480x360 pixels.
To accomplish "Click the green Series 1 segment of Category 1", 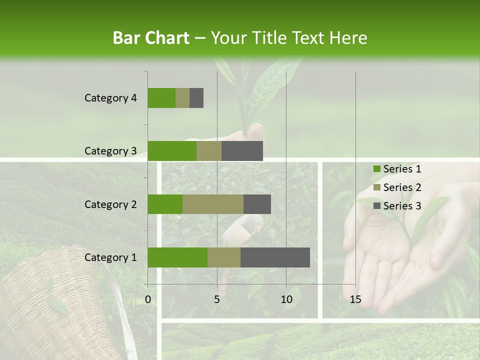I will tap(177, 257).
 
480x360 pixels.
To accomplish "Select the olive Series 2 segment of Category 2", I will tap(213, 204).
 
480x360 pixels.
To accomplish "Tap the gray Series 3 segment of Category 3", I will tap(242, 151).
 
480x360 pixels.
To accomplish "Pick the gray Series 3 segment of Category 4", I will tap(196, 98).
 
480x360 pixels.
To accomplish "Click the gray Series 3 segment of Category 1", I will tap(275, 257).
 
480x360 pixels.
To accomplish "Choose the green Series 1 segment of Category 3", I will tap(172, 151).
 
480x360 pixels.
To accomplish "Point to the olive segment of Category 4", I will tap(182, 98).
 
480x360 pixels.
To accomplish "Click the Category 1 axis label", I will tap(110, 257).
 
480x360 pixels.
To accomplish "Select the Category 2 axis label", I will tap(110, 204).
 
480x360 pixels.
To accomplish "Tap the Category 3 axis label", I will tap(110, 151).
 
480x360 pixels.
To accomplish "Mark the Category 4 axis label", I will tap(110, 98).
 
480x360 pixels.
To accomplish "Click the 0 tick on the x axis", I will tap(148, 299).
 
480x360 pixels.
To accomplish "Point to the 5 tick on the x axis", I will tap(217, 299).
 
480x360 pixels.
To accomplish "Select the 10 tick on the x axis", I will tap(286, 299).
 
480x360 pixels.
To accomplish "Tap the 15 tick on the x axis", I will tap(355, 299).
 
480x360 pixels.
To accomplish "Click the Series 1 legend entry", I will tap(397, 169).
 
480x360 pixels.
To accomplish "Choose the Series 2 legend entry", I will tap(397, 187).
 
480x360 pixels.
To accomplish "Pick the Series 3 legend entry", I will tap(397, 206).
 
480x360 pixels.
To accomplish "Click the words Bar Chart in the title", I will tap(150, 37).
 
